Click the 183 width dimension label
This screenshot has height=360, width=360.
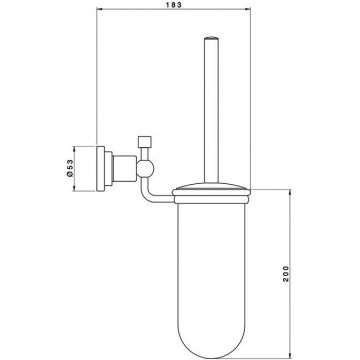tap(173, 5)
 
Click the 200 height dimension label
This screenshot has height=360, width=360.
tap(286, 274)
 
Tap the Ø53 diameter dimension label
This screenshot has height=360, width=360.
tap(70, 168)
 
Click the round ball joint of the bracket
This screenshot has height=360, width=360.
tap(145, 168)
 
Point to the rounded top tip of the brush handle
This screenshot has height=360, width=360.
tap(212, 37)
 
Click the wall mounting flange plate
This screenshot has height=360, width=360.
tap(100, 169)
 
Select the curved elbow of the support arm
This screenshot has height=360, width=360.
tap(146, 195)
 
